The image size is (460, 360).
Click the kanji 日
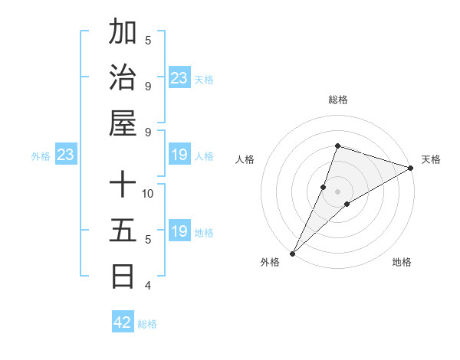point(123,275)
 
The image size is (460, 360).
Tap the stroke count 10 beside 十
point(149,193)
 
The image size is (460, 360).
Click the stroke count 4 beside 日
point(148,286)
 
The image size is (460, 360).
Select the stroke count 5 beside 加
point(148,40)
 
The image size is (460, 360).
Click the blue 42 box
point(123,322)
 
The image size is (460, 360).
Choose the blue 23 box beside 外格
point(66,155)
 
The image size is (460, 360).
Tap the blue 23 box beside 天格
point(179,77)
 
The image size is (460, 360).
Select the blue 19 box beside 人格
point(179,155)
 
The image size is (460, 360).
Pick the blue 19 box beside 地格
point(179,231)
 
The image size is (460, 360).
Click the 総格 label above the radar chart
point(338,100)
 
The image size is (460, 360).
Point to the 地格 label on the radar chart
point(402,263)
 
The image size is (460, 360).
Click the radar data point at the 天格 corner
point(411,168)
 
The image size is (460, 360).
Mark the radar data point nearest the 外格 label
point(292,253)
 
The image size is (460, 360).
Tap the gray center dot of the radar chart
point(338,191)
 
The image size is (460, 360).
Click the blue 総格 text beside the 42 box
point(147,324)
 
